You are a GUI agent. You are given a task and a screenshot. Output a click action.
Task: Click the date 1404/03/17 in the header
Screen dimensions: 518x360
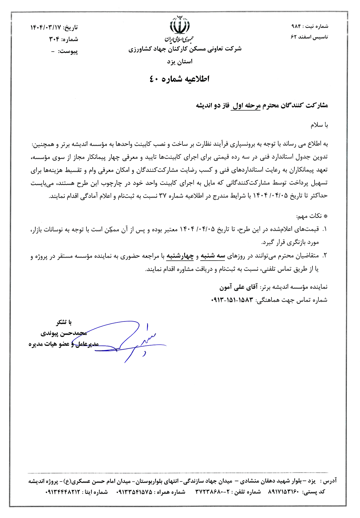(x=45, y=28)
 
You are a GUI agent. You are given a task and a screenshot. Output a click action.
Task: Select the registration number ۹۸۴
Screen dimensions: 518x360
(x=296, y=26)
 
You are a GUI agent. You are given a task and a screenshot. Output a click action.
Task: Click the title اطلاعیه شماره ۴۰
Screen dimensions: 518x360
(x=179, y=79)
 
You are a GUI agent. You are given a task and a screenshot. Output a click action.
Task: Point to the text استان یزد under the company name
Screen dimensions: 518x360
(x=179, y=62)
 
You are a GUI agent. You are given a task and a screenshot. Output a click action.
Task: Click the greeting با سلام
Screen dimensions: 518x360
(x=319, y=125)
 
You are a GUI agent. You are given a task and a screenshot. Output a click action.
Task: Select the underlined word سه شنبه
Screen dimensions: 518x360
(x=213, y=256)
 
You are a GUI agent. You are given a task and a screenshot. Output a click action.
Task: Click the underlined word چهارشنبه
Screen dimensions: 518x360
(x=180, y=256)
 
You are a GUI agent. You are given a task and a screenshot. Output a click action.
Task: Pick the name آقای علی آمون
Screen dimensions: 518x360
(x=238, y=287)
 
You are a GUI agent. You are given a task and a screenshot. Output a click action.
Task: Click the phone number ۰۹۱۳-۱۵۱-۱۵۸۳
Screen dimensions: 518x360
(x=232, y=300)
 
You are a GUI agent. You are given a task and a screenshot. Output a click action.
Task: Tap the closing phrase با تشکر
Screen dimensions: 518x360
(x=64, y=322)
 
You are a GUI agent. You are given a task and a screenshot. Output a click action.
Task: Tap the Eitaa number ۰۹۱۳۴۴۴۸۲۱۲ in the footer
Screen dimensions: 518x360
(x=63, y=492)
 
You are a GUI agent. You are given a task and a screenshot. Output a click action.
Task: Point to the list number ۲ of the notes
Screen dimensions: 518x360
(x=325, y=256)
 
